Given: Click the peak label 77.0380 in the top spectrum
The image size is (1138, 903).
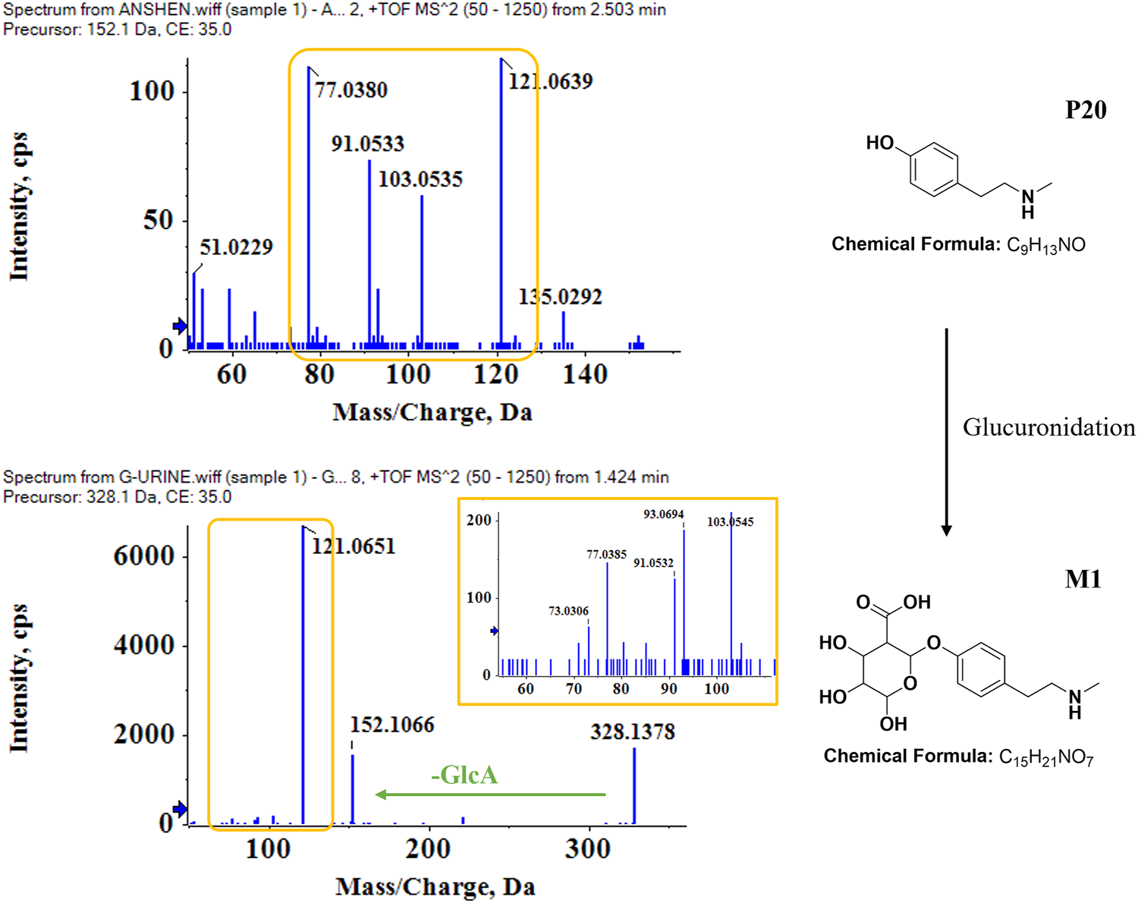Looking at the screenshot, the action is pos(351,90).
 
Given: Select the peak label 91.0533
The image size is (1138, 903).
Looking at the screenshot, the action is pos(368,143).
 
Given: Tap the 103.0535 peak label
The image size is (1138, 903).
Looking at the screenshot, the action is pos(420,179).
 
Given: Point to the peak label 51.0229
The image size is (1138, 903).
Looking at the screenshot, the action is pos(236,247).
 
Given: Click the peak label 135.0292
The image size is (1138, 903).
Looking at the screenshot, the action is pos(560,297).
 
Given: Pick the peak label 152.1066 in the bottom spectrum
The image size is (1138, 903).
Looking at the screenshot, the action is pos(392,725).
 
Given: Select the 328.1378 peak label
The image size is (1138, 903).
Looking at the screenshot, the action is pos(633,732).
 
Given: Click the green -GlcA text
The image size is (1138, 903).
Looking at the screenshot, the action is pos(464,775).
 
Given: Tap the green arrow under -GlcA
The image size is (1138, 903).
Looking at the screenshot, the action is pos(491,794).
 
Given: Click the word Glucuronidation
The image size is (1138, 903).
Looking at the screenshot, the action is pos(1048,427).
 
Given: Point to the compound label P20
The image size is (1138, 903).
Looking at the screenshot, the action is pos(1086,110).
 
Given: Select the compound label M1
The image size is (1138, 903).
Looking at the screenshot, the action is pos(1083,579).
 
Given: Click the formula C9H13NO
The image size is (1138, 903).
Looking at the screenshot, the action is pos(1045,245).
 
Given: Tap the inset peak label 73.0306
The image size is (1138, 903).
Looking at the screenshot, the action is pos(568,611).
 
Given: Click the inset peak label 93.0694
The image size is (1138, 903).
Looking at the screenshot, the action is pos(663,514).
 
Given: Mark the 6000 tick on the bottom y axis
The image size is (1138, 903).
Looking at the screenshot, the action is pos(144,555).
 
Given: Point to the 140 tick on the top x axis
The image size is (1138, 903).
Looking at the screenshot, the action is pos(584,374).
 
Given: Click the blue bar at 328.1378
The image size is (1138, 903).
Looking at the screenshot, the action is pos(634,785).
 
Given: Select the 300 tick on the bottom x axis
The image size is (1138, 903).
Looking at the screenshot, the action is pos(587,848).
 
